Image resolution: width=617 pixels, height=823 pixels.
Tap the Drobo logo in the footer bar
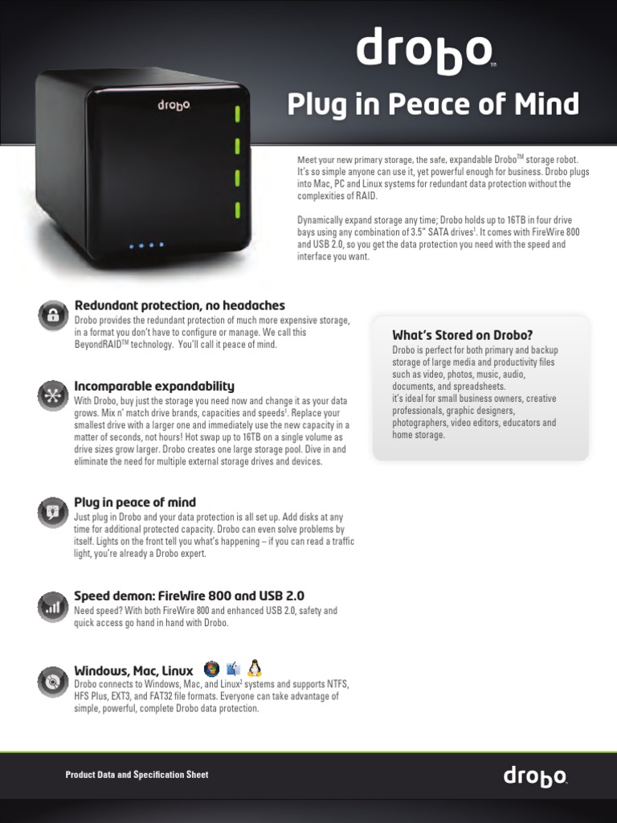pos(535,776)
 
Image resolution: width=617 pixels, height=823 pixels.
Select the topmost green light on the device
pos(238,113)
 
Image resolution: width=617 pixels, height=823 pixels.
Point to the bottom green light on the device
pos(238,211)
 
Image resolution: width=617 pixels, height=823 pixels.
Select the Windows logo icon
pos(211,669)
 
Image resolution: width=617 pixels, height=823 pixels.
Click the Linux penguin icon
pos(255,668)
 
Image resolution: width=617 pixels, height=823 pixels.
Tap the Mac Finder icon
pos(234,669)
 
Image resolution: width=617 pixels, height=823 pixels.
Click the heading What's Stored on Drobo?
pos(462,335)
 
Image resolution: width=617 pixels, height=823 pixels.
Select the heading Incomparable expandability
pos(154,387)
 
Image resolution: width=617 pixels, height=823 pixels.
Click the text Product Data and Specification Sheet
pos(137,775)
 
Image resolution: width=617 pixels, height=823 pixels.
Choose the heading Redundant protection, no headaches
pos(179,305)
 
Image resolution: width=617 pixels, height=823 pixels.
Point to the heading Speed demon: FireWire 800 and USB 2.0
pos(189,596)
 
